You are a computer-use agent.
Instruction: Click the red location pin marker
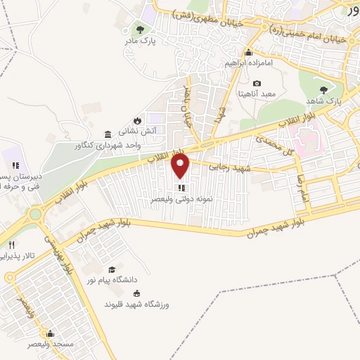coord(181,166)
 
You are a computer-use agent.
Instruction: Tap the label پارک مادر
coord(140,41)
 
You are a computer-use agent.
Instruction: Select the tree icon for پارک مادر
coord(140,30)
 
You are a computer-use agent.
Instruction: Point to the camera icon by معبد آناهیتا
coord(257,84)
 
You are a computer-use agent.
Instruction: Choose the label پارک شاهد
coord(323,101)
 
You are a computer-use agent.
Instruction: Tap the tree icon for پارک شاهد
coord(323,90)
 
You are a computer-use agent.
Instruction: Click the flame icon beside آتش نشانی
coord(148,120)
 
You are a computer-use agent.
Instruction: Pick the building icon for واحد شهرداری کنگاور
coord(107,134)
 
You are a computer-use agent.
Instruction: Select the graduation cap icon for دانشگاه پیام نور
coord(112,270)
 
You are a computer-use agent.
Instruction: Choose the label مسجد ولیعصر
coord(48,345)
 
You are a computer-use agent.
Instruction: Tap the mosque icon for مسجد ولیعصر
coord(48,333)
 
